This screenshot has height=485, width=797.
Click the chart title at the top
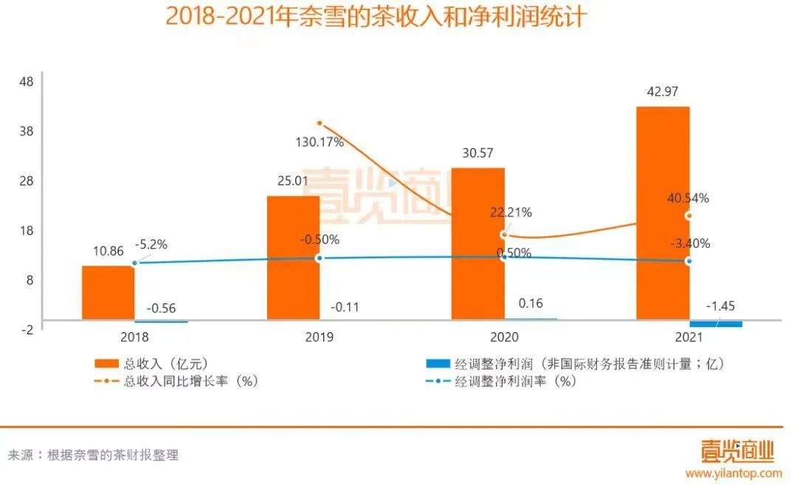[376, 16]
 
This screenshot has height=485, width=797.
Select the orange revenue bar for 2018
[108, 293]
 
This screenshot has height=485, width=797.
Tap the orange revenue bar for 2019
[293, 258]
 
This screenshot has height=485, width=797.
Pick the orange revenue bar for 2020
[477, 244]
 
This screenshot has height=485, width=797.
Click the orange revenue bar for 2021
[663, 213]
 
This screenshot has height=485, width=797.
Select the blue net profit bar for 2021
[716, 324]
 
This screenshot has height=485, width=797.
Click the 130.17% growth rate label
[319, 142]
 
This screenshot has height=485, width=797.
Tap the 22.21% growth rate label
[510, 213]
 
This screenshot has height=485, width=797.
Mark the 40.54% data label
[687, 198]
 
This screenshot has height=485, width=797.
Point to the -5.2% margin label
[151, 244]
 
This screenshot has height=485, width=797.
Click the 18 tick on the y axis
[26, 230]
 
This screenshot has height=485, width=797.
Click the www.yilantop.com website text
[734, 472]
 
